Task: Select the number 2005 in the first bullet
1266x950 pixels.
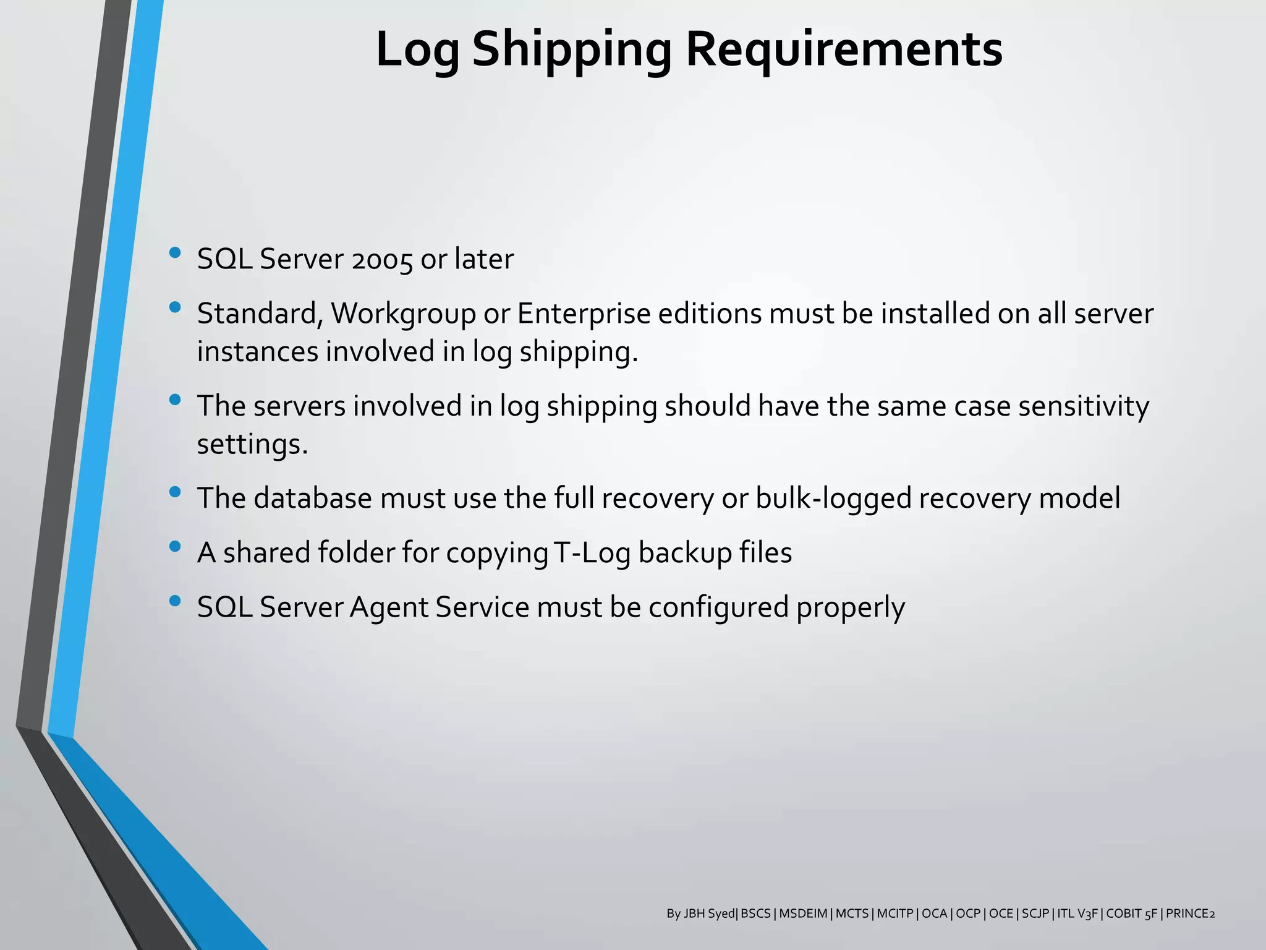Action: coord(382,260)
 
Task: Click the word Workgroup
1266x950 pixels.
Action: coord(404,314)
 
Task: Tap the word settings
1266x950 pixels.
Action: coord(252,445)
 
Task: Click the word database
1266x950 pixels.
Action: coord(313,499)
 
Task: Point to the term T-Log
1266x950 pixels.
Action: coord(592,553)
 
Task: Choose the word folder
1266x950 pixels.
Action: coord(355,553)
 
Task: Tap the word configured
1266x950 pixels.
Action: coord(718,607)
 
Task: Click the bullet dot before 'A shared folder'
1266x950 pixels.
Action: coord(175,546)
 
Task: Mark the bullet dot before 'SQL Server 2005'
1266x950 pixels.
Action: coord(175,252)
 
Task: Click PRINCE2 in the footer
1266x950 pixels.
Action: coord(1190,914)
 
